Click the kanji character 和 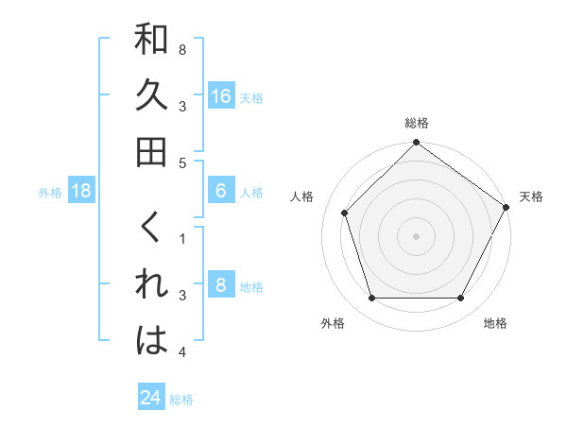click(x=152, y=42)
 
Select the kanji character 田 click(x=152, y=151)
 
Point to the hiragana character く click(x=152, y=231)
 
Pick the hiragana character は click(x=152, y=341)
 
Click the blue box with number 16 click(x=220, y=95)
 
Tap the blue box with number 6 click(x=220, y=191)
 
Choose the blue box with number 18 click(x=82, y=191)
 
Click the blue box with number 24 click(x=150, y=398)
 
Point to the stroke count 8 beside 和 click(x=181, y=48)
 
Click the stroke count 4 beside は click(x=181, y=352)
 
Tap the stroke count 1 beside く click(x=181, y=239)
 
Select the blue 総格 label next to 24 click(x=181, y=400)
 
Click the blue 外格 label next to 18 click(x=50, y=192)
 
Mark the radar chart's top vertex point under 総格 click(x=416, y=144)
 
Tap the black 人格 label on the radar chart click(x=302, y=196)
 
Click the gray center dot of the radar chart click(x=416, y=235)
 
